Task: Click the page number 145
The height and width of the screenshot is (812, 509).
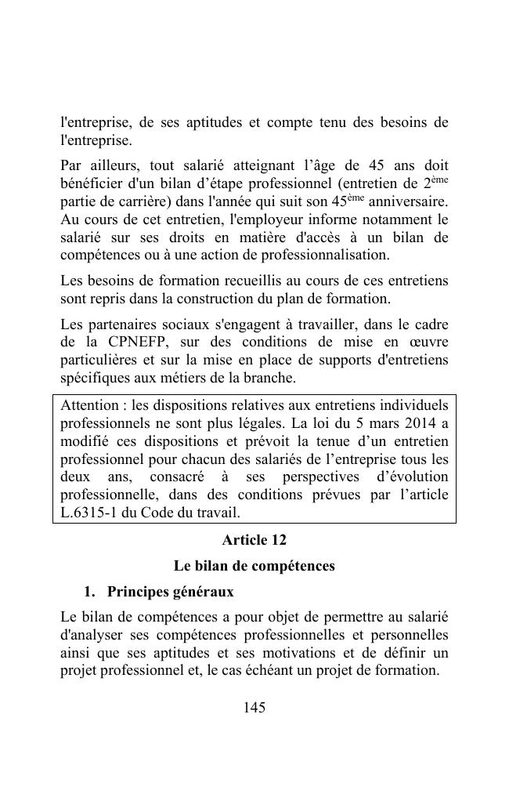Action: (254, 708)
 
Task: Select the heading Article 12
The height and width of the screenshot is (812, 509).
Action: (254, 540)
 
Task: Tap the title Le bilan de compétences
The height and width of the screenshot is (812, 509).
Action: (254, 565)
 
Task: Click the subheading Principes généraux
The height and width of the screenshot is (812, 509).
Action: (170, 590)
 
